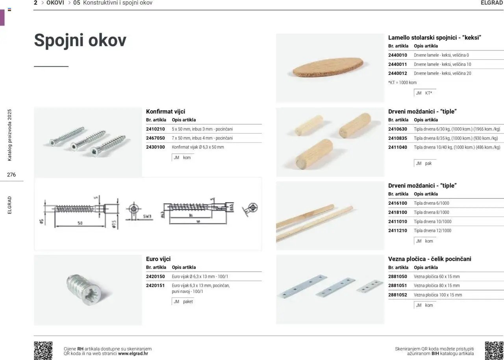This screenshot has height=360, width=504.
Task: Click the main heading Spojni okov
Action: [80, 41]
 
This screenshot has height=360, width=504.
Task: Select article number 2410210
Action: [156, 129]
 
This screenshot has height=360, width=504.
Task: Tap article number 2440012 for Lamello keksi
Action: [398, 73]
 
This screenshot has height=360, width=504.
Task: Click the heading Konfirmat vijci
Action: [165, 111]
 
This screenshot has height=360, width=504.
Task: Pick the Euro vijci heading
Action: [158, 259]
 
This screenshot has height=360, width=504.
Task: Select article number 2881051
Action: [398, 286]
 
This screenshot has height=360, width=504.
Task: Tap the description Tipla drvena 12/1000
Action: [432, 230]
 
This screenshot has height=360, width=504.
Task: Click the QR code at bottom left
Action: [43, 350]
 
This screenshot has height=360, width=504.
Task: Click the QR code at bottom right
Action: [494, 350]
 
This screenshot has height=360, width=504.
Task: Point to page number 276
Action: [11, 174]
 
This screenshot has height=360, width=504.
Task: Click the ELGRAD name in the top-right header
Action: [492, 3]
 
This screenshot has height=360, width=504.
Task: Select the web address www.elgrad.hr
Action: [133, 353]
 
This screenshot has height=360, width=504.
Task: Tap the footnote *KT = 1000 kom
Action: [402, 83]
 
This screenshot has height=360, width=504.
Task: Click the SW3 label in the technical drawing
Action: [147, 217]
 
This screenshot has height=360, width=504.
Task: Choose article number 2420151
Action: [156, 286]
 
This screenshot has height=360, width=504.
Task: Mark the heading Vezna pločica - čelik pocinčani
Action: [430, 259]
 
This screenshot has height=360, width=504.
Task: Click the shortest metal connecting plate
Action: [370, 286]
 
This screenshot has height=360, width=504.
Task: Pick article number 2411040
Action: [398, 147]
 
